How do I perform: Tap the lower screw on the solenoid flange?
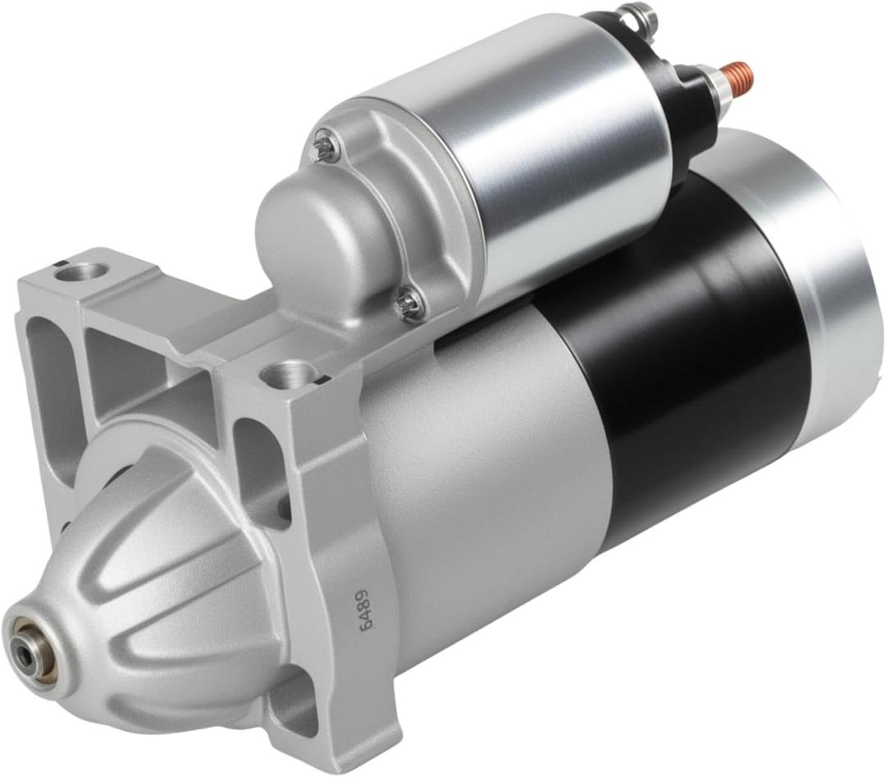click(409, 306)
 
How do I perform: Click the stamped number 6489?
click(367, 607)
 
